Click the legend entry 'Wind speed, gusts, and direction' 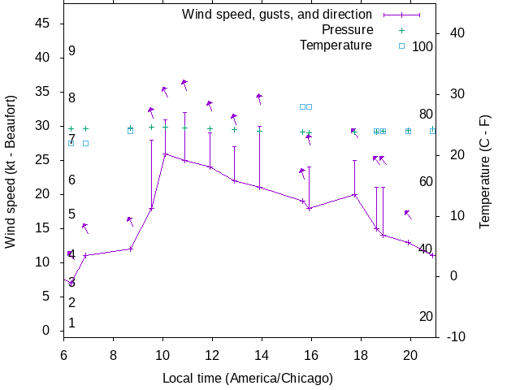click(x=277, y=15)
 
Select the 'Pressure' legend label click(x=347, y=30)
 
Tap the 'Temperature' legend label click(x=336, y=45)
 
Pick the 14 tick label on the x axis click(x=262, y=354)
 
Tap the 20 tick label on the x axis click(x=410, y=354)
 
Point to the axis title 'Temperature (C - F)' click(x=485, y=172)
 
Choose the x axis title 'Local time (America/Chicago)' click(x=248, y=378)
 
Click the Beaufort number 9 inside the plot click(x=71, y=51)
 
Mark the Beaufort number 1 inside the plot click(x=71, y=323)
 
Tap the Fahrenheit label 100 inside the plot click(x=422, y=46)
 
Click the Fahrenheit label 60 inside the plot click(x=426, y=181)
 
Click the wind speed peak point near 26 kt click(x=165, y=154)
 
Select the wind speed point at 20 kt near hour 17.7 click(x=354, y=194)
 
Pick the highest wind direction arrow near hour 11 click(x=184, y=83)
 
